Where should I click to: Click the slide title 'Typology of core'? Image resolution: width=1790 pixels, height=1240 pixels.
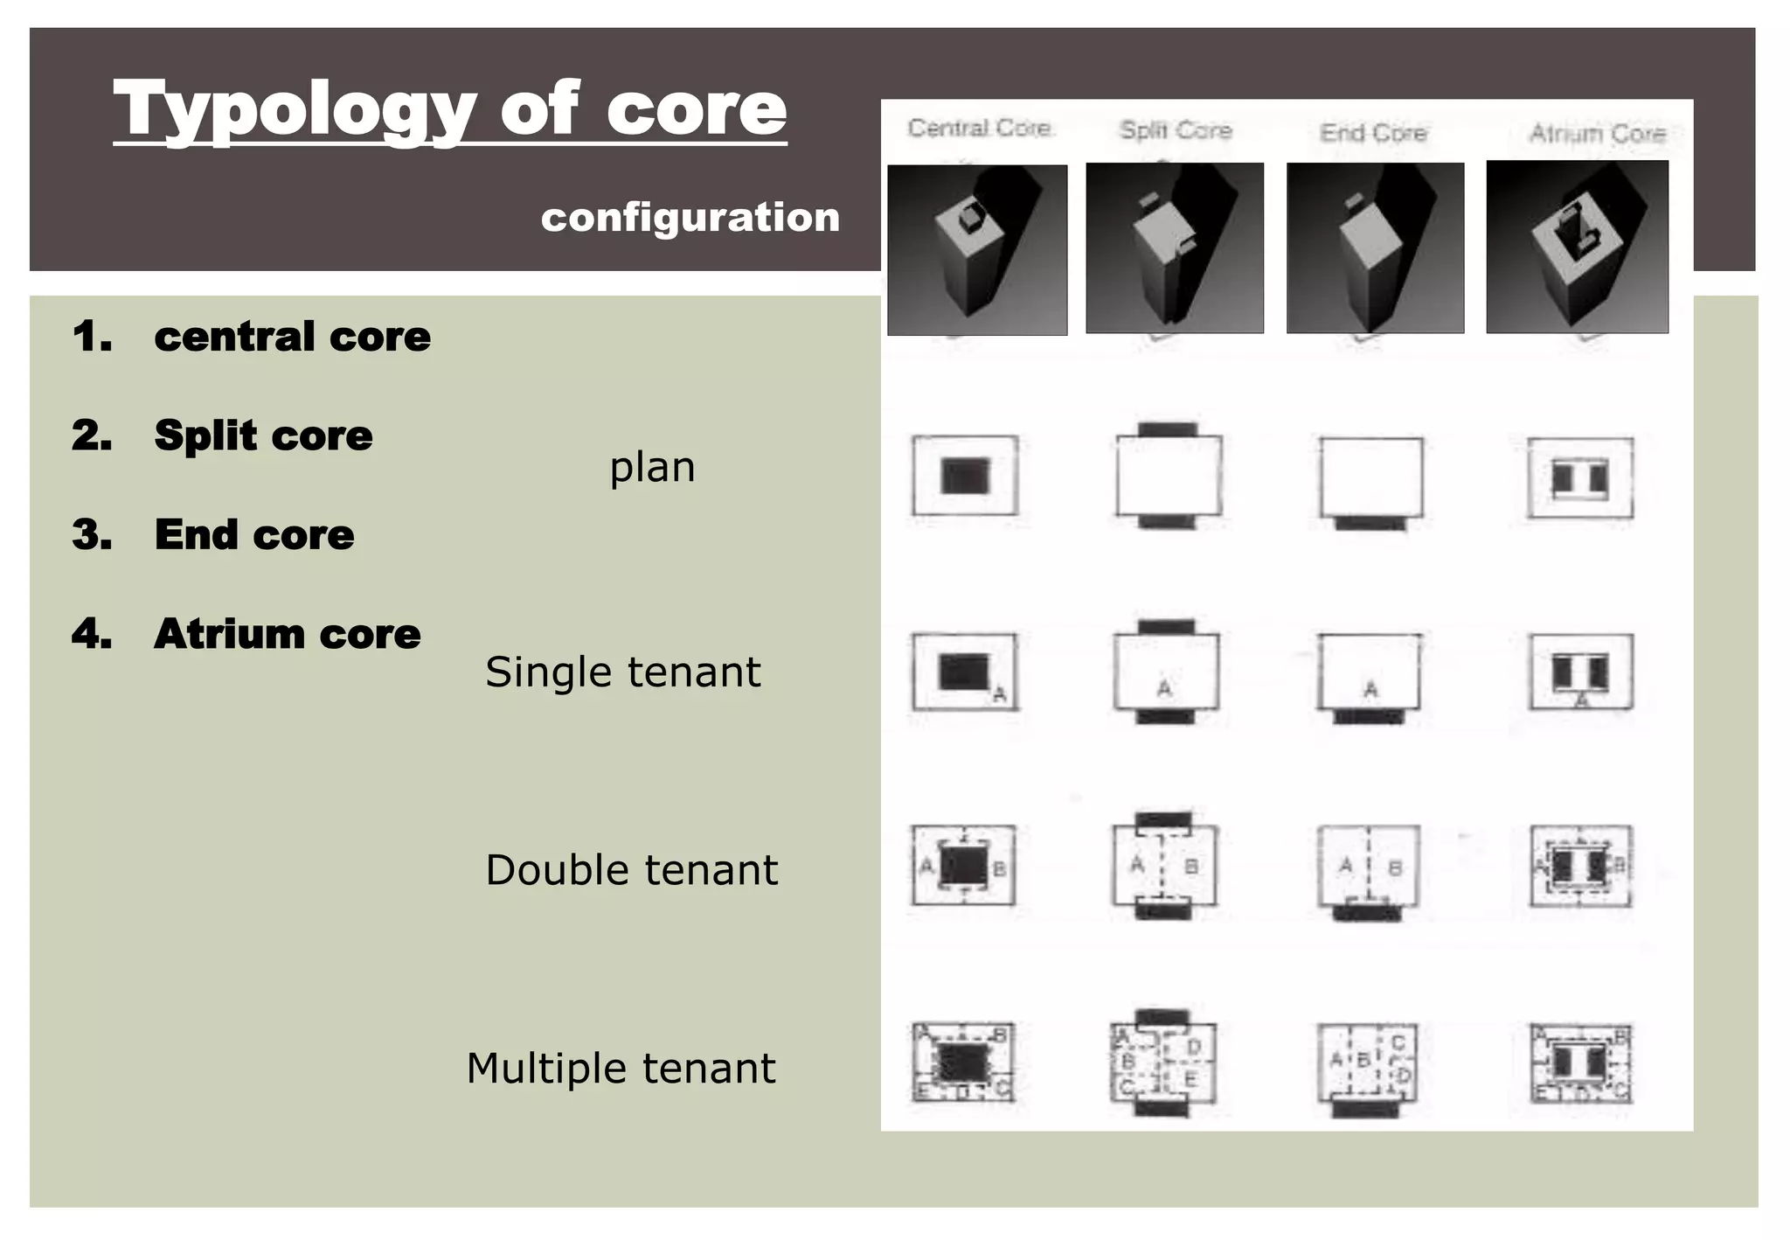tap(450, 109)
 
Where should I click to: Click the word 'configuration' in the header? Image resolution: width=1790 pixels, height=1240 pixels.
tap(690, 217)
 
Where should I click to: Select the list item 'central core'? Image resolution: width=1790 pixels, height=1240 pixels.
tap(292, 337)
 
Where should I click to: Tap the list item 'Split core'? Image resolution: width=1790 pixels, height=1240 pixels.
tap(263, 435)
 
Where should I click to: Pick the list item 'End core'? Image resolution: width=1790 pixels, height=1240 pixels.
tap(254, 534)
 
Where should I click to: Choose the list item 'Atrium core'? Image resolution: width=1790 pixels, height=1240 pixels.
tap(287, 634)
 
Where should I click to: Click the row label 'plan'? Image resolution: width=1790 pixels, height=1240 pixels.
tap(652, 467)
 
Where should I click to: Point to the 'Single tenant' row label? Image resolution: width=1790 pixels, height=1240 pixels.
tap(622, 672)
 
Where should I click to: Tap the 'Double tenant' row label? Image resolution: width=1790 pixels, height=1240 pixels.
tap(631, 870)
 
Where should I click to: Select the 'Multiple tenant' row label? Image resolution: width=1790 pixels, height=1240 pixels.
tap(621, 1068)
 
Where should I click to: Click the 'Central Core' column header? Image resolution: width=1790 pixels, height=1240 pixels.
tap(979, 129)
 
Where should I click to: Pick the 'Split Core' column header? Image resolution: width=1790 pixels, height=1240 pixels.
tap(1176, 130)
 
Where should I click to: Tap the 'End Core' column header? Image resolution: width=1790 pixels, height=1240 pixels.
tap(1373, 133)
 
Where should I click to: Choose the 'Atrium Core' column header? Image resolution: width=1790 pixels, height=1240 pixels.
tap(1597, 133)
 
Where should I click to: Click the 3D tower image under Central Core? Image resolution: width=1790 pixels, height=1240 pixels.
tap(977, 250)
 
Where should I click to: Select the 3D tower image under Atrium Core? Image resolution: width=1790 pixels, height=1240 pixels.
tap(1577, 247)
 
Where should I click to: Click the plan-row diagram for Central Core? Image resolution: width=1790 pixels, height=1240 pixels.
tap(965, 476)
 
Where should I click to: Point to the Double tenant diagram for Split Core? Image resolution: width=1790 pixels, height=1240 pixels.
tap(1163, 866)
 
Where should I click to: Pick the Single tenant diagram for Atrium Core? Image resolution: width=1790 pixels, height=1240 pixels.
tap(1580, 672)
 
